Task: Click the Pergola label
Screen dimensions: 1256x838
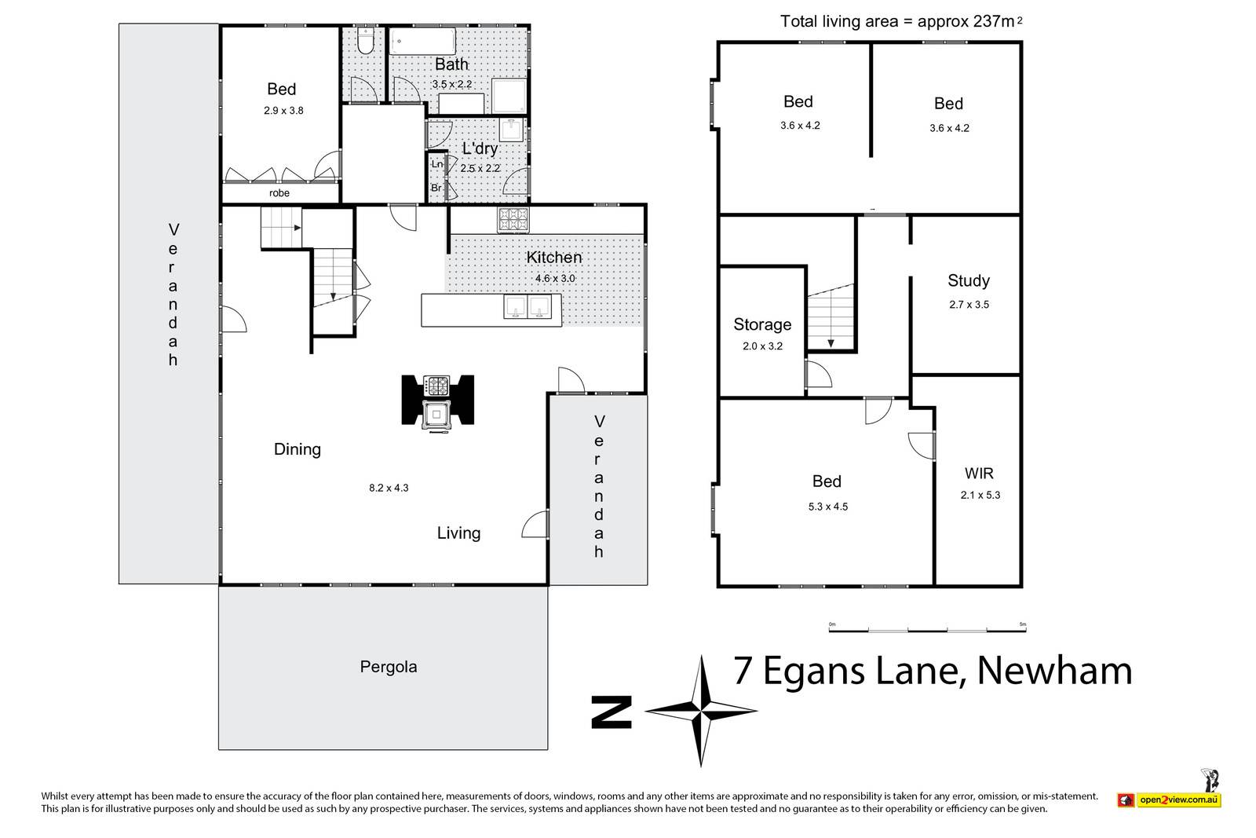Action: point(388,667)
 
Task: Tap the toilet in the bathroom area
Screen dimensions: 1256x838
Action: point(365,41)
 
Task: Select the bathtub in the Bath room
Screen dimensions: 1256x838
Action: point(422,42)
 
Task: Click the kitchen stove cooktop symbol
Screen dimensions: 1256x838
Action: point(513,219)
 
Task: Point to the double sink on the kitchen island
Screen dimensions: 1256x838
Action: point(527,307)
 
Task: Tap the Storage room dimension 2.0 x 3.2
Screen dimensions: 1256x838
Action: point(762,346)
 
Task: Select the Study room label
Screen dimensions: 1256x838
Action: point(969,280)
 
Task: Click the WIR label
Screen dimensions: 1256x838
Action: point(979,474)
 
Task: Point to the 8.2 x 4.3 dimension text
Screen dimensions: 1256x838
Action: point(389,488)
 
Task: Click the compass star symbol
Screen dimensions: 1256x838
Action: point(701,711)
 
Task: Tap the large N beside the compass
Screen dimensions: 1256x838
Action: point(612,712)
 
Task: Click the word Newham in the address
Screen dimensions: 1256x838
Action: point(1055,671)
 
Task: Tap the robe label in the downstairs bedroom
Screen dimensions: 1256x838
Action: point(279,193)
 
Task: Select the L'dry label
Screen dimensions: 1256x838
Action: point(480,148)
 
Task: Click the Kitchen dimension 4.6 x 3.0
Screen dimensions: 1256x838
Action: point(555,278)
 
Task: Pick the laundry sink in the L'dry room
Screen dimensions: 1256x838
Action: point(511,130)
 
